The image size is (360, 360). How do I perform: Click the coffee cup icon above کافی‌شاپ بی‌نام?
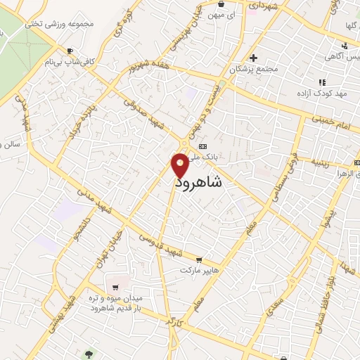[x=70, y=51]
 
